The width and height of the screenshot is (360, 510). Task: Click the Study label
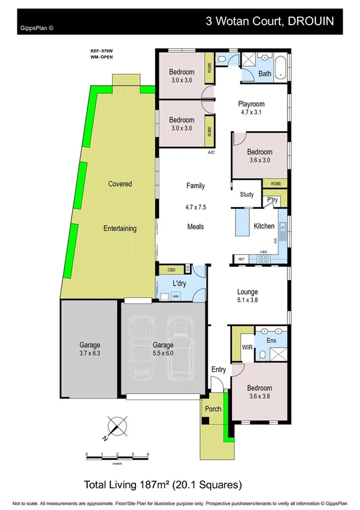tap(246, 194)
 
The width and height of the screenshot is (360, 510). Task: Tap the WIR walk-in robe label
tap(246, 347)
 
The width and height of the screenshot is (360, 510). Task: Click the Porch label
tap(213, 409)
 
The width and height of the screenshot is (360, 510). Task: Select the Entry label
tap(218, 369)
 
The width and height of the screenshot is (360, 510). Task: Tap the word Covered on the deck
tap(120, 183)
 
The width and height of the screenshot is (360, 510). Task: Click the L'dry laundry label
tap(178, 283)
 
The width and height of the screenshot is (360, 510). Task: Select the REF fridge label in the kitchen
tap(241, 259)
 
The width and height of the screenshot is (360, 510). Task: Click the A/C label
tap(211, 153)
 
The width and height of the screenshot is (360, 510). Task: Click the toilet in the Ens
tap(263, 355)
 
